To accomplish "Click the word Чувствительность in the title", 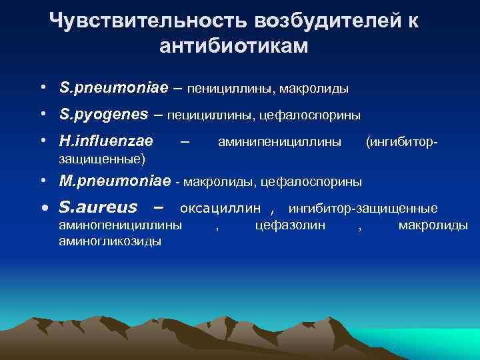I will point(149,21).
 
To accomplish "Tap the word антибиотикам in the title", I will point(235,46).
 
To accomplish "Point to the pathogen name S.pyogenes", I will point(103,114).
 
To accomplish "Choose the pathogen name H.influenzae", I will point(106,141).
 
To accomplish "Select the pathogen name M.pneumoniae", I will point(115,181).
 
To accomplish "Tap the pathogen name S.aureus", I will point(98,207).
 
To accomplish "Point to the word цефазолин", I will point(290,225).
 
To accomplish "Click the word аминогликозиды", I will point(109,241).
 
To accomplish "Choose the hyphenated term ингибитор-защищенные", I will point(363,208).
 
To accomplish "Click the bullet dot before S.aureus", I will point(44,208).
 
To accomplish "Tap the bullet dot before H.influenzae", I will point(42,141).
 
